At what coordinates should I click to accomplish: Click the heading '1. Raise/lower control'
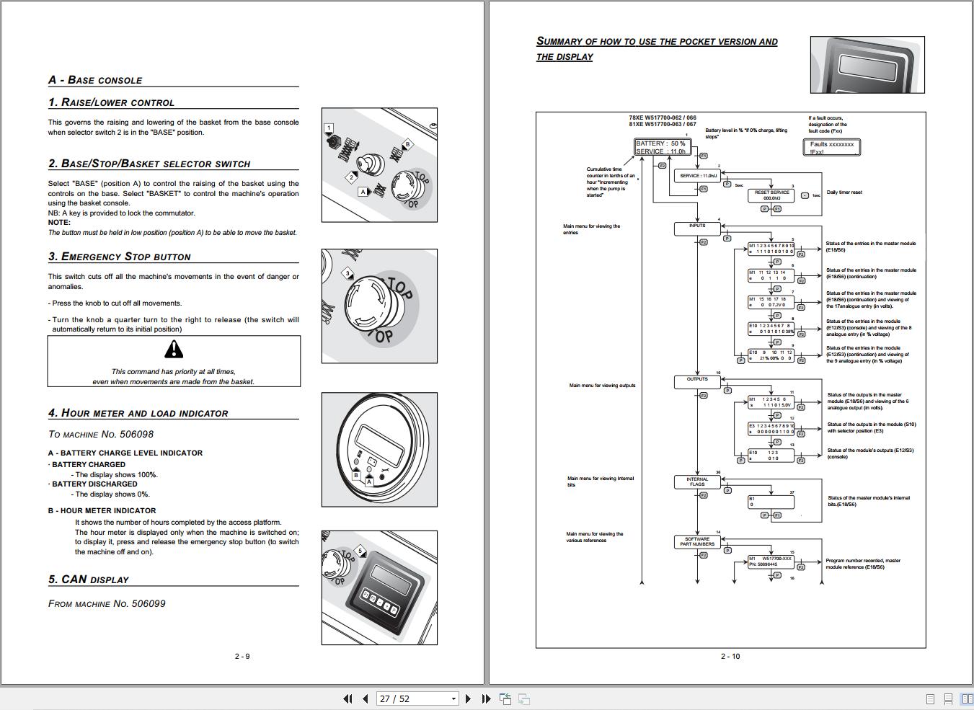(x=111, y=102)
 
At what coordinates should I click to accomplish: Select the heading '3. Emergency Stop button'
(x=120, y=257)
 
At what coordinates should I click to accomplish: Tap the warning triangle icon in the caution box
(x=174, y=350)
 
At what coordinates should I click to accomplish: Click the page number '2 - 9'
(x=242, y=656)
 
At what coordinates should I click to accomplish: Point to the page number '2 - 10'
(x=730, y=656)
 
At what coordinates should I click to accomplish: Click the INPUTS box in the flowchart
(x=697, y=228)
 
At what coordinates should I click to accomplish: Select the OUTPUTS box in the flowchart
(x=697, y=382)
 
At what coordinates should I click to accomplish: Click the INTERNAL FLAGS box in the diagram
(x=697, y=482)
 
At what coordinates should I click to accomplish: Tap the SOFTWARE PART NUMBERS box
(x=697, y=541)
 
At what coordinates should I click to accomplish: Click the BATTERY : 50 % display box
(x=661, y=147)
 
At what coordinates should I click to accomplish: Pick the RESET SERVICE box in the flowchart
(x=771, y=195)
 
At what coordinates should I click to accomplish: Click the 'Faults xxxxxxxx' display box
(x=831, y=148)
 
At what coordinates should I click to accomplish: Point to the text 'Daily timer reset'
(x=844, y=192)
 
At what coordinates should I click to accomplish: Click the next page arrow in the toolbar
(x=469, y=698)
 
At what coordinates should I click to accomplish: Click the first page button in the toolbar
(x=347, y=698)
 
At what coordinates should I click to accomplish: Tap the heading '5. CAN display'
(x=89, y=580)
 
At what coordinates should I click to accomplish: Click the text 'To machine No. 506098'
(x=101, y=434)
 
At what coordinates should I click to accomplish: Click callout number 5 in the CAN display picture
(x=360, y=551)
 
